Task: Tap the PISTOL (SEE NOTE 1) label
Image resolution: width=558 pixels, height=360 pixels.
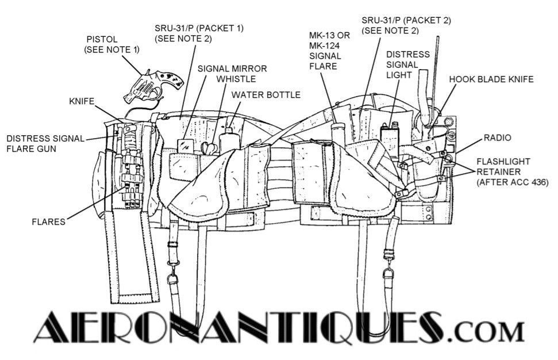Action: pos(112,44)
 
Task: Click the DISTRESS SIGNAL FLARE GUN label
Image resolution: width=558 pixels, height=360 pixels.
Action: pos(45,143)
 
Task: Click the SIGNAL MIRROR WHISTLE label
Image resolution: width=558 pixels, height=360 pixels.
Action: pos(232,74)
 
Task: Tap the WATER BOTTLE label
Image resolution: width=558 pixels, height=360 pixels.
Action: pos(265,94)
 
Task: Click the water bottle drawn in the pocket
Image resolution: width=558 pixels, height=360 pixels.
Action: pos(228,141)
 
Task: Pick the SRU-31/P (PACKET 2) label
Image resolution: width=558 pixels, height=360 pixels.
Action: pos(406,25)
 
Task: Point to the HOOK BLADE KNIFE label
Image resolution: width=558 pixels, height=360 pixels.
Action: pos(491,79)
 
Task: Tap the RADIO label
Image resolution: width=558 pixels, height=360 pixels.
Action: pos(497,138)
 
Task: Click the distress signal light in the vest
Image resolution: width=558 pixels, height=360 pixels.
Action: pos(391,140)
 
